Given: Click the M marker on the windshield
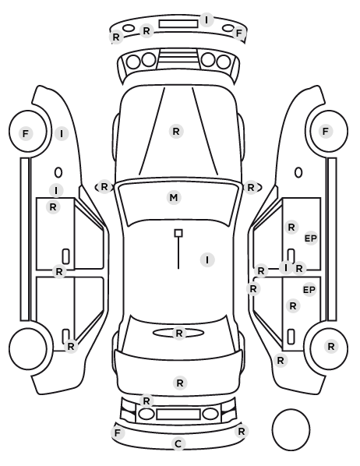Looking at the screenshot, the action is pos(174,197).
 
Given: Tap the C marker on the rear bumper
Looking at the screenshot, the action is pos(178,444).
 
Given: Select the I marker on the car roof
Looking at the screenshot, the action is pos(207,259).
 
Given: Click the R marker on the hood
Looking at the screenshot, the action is pos(176,131).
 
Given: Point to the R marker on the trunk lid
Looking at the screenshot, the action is pos(180,383).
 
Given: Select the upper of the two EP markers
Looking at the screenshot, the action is pos(311,238).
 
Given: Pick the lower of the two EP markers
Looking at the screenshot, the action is pos(309,289).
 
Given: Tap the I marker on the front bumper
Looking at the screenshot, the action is pos(206,19).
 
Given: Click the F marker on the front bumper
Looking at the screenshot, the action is pos(239,33).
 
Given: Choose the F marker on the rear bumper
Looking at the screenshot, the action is pos(118,432).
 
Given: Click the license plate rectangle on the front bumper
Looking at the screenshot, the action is pos(178,24).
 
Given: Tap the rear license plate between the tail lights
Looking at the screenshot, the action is pos(178,414).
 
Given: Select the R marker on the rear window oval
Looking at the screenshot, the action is pos(179,334).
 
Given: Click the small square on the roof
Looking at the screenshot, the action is pos(178,233).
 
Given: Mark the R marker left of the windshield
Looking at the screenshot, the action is pos(104,187).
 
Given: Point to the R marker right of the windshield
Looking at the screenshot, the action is pos(251,188).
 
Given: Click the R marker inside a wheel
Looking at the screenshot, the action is pos(331,346).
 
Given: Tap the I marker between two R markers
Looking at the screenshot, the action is pos(286,268).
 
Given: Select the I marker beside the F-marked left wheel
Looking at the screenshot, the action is pos(62,134).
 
